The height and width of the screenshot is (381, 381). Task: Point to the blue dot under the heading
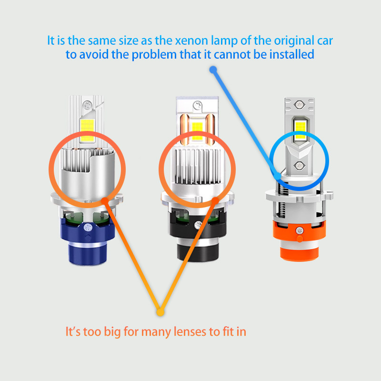pyautogui.click(x=213, y=70)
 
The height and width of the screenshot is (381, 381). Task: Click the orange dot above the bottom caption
pyautogui.click(x=160, y=312)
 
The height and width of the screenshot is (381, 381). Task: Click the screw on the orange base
pyautogui.click(x=299, y=230)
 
